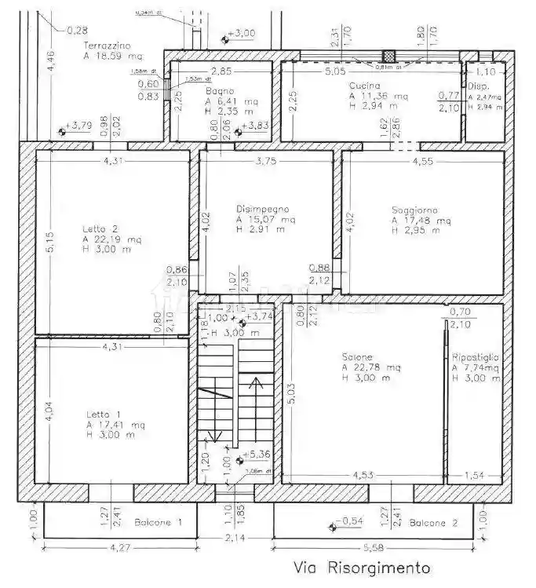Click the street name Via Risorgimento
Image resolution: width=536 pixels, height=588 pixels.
click(x=362, y=566)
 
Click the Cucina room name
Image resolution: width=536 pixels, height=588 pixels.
click(x=365, y=86)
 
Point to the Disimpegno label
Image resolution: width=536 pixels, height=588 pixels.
click(x=263, y=210)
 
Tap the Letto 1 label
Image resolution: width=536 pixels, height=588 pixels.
click(x=100, y=415)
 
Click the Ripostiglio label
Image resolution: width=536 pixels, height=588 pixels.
click(x=476, y=357)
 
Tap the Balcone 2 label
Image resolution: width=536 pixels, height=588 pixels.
click(x=433, y=522)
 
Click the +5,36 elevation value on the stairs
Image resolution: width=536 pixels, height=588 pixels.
click(x=258, y=455)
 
